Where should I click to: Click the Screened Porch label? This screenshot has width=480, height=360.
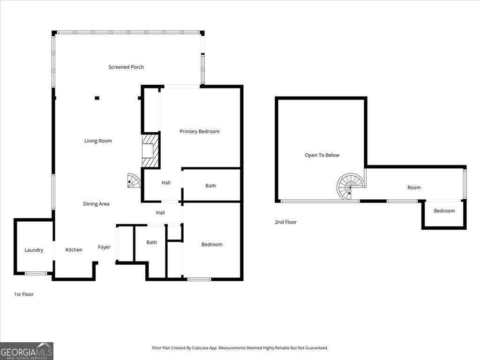click(x=126, y=67)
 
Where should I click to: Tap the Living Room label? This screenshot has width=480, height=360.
click(x=98, y=141)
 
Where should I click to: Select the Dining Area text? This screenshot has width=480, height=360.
click(x=97, y=204)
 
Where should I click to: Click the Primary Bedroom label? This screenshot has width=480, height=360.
click(x=199, y=132)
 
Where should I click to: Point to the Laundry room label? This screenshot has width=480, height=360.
click(x=34, y=250)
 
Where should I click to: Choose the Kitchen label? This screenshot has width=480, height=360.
click(x=74, y=250)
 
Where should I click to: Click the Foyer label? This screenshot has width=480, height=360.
click(x=104, y=247)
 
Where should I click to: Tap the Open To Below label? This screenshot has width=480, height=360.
click(x=322, y=155)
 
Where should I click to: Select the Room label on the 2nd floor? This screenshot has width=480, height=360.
click(x=414, y=187)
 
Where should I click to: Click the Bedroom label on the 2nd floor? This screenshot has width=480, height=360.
click(x=444, y=211)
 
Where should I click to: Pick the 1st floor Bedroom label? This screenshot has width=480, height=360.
click(x=212, y=244)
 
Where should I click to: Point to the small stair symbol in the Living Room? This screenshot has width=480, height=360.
click(x=133, y=181)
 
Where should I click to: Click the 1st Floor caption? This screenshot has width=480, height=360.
click(x=24, y=294)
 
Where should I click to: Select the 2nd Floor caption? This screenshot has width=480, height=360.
click(x=285, y=222)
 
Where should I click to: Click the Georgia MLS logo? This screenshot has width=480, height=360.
click(x=27, y=351)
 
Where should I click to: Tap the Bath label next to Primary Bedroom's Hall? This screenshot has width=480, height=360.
click(x=210, y=186)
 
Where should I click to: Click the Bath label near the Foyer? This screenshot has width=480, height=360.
click(x=151, y=242)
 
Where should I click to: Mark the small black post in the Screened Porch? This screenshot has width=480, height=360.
click(x=97, y=98)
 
